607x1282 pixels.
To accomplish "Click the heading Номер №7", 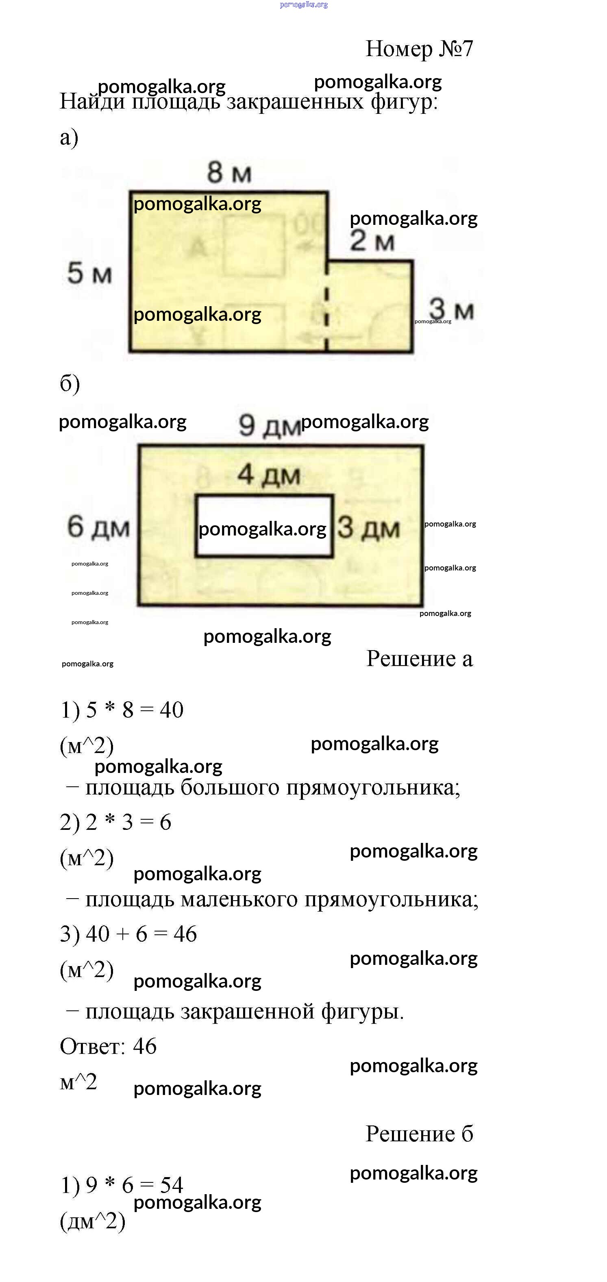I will click(419, 49).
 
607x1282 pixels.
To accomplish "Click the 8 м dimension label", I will click(229, 173).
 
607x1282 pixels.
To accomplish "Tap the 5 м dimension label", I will click(89, 273).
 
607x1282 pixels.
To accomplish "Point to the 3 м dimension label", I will click(451, 309).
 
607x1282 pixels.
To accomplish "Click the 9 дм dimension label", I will click(269, 426).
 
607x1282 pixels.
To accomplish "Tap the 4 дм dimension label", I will click(269, 475).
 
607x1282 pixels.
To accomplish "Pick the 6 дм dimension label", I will click(98, 527).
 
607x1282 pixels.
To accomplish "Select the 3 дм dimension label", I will click(369, 527).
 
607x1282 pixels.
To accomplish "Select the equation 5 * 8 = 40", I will click(134, 710).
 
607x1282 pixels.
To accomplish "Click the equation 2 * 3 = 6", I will click(128, 822).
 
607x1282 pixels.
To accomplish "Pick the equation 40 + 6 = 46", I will click(141, 934).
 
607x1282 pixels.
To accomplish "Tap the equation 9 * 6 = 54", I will click(134, 1185).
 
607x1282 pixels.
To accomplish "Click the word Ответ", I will click(92, 1046).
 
